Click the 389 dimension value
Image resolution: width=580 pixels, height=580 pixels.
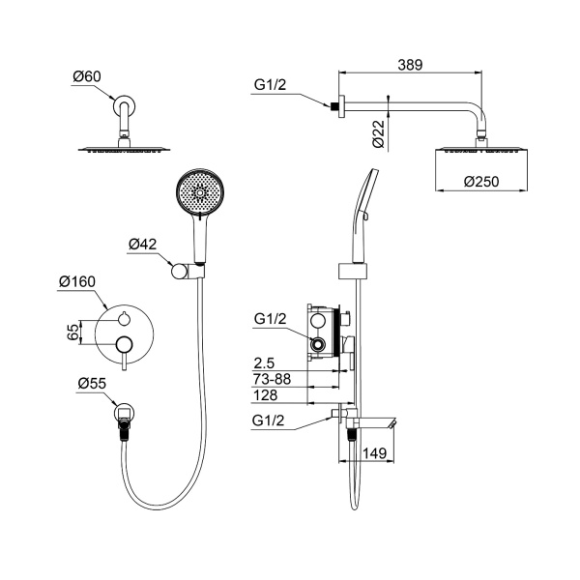pos(410,65)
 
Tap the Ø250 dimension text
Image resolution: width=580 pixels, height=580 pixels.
pos(481,182)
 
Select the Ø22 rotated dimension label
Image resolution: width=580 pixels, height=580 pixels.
pos(379,133)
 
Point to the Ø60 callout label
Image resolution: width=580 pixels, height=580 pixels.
pos(87,76)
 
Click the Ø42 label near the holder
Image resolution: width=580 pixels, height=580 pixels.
pos(142,245)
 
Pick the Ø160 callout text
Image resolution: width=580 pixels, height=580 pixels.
pos(77,282)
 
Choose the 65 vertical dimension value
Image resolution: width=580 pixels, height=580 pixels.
pos(73,333)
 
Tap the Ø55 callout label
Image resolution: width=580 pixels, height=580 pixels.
pos(92,384)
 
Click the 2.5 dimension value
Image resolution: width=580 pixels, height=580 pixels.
pos(264,363)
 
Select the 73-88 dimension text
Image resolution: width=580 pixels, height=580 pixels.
pos(272,379)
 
